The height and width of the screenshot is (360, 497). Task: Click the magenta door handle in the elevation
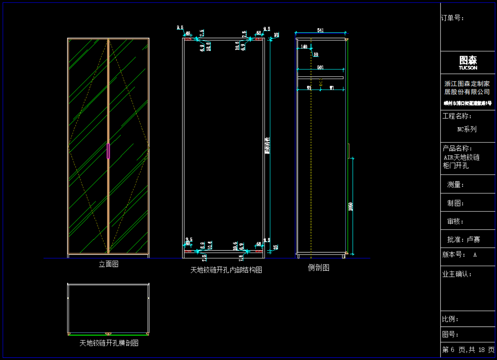(x=108, y=151)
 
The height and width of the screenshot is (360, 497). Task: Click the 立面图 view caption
(x=109, y=264)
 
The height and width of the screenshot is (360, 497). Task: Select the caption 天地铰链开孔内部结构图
(x=226, y=270)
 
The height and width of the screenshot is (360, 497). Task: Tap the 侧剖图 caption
(x=318, y=268)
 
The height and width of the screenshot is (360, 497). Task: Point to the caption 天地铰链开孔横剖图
(x=109, y=343)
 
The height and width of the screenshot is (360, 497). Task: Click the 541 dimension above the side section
(x=320, y=31)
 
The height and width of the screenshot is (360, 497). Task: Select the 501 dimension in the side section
(x=320, y=68)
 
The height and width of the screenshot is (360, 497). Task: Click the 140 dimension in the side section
(x=304, y=47)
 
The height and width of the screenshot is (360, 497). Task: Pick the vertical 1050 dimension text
(x=350, y=206)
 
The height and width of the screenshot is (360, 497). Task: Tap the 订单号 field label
(x=452, y=18)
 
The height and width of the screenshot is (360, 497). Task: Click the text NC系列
(x=467, y=129)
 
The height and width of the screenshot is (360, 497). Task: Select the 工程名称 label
(x=457, y=116)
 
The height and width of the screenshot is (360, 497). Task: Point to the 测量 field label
(x=456, y=185)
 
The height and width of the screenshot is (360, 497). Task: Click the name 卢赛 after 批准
(x=473, y=239)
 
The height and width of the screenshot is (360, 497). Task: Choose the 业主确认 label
(x=457, y=274)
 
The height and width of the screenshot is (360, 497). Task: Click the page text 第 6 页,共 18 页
(x=468, y=350)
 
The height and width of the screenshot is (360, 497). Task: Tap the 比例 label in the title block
(x=450, y=319)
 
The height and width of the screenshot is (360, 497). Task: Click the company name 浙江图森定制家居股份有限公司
(x=467, y=88)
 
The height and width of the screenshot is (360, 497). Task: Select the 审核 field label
(x=456, y=221)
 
